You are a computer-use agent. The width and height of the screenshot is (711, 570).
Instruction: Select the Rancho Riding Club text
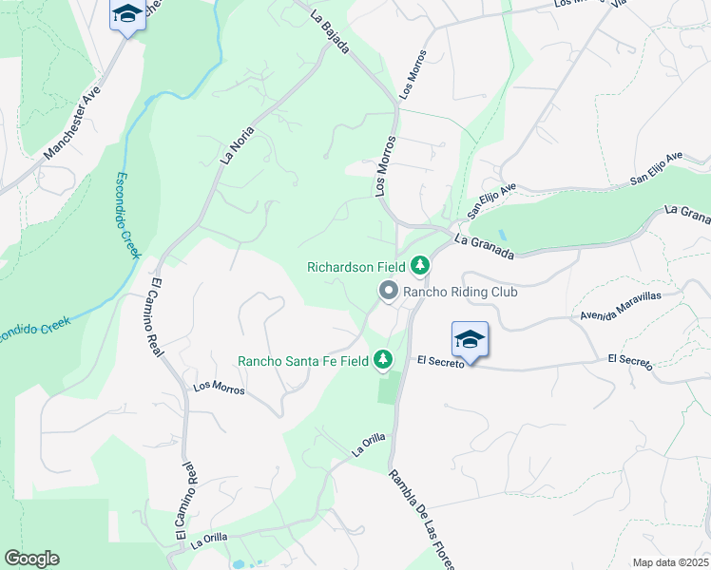pos(461,292)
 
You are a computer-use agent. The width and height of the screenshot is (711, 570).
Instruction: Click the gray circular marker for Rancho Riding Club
pos(388,292)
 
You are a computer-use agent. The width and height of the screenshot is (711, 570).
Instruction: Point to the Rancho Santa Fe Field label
pos(302,360)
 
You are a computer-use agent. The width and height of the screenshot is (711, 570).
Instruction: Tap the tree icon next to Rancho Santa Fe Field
pos(382,359)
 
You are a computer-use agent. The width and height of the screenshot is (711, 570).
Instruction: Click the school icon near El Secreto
pos(470,339)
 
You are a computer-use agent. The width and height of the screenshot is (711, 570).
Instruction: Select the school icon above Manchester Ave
pos(126,15)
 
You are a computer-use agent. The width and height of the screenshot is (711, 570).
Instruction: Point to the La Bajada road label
pos(331,31)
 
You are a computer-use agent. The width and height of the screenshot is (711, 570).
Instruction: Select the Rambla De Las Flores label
pos(421,519)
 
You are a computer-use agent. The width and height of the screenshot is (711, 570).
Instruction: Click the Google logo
pos(31,559)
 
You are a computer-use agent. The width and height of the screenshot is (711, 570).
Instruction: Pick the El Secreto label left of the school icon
pos(439,363)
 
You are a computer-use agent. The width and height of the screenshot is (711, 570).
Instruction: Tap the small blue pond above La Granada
pos(501,235)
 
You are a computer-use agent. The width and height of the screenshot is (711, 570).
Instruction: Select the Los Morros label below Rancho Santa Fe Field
pos(219,387)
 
